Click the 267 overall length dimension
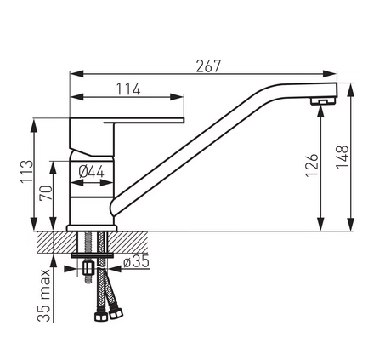208,66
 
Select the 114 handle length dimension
128,89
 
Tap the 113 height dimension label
27,172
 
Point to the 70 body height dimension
46,193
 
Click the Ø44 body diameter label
92,172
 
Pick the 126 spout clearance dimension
312,165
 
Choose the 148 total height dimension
343,157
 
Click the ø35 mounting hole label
136,261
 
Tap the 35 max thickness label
44,295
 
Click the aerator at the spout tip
323,101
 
